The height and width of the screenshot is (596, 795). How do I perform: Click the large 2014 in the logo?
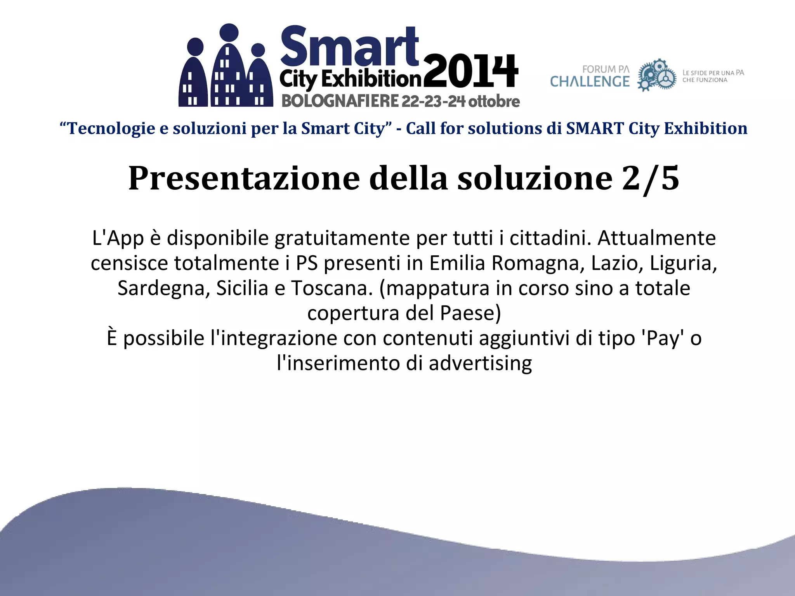pos(470,71)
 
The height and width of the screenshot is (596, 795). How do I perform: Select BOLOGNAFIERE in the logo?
pos(340,101)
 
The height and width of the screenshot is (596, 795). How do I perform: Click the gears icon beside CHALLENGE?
pos(657,75)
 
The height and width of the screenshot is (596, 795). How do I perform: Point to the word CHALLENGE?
pos(590,81)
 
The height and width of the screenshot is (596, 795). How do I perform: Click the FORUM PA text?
pos(606,69)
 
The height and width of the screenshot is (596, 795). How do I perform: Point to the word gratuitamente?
pos(342,238)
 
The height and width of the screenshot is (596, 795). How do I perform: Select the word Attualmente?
pos(656,238)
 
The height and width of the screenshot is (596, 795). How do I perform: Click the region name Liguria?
pos(683,263)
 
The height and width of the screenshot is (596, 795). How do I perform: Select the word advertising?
pos(480,363)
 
